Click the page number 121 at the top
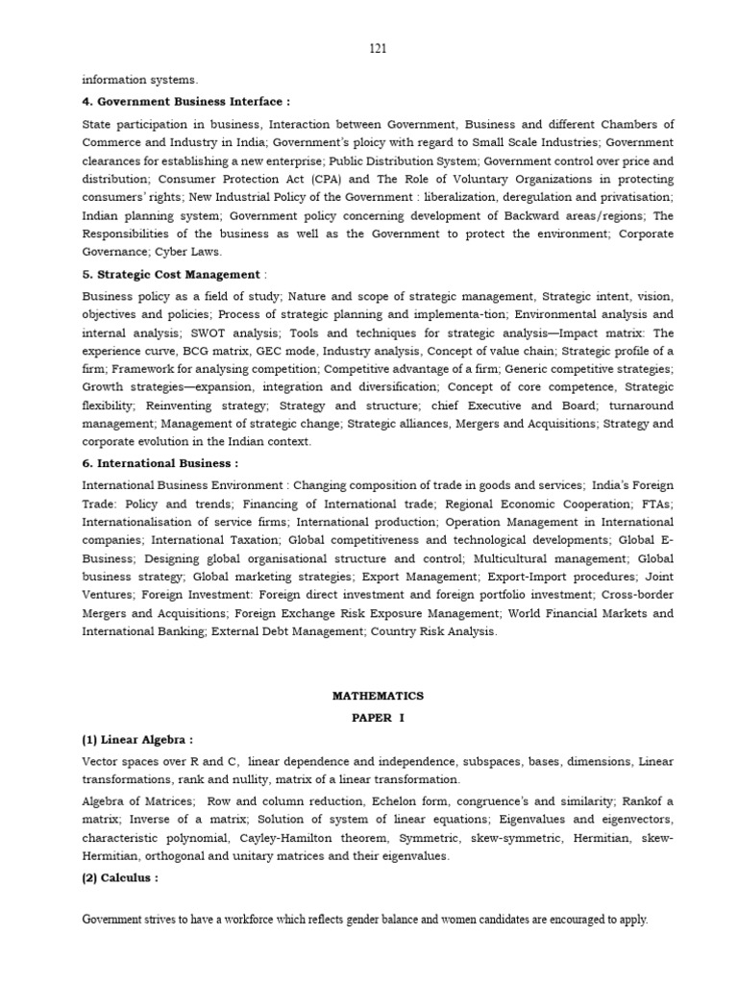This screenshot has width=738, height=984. [378, 48]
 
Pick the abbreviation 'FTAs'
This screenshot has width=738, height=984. [658, 504]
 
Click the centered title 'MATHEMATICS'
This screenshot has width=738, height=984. [378, 696]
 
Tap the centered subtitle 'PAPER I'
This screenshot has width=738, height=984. [378, 718]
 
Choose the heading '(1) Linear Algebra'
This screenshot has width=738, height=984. [137, 740]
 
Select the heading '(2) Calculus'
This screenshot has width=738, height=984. [121, 877]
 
